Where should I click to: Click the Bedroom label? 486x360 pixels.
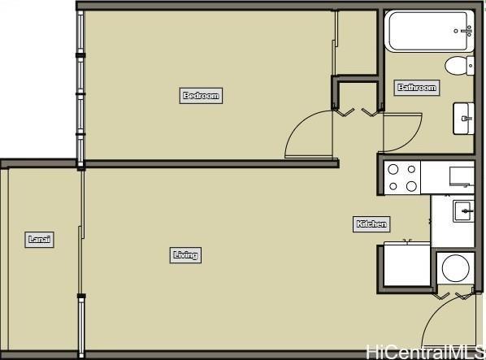click(201, 95)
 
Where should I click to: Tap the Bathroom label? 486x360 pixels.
click(417, 88)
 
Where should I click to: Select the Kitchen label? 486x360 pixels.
click(371, 224)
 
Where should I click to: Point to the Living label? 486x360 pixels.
click(185, 255)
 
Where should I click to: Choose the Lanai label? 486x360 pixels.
click(39, 240)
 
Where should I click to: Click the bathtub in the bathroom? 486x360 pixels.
click(430, 31)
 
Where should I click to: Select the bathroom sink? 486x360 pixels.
click(464, 119)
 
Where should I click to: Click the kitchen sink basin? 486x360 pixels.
click(463, 211)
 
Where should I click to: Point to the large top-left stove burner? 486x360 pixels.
click(393, 170)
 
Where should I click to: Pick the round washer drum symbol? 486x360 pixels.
click(456, 268)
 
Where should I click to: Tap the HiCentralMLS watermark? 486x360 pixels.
click(425, 352)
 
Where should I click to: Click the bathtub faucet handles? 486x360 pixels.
click(464, 31)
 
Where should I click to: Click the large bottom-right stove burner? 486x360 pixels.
click(411, 187)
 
